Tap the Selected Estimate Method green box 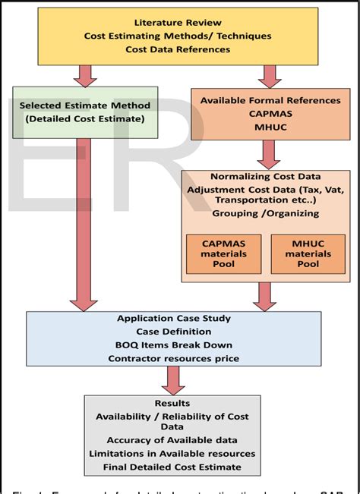pos(84,112)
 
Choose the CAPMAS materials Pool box pos(223,254)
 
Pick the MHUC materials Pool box pos(308,254)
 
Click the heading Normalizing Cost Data pos(265,176)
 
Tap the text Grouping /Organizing pos(265,215)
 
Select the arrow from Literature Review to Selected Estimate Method pos(85,75)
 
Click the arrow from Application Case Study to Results pos(173,378)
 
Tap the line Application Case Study pos(174,319)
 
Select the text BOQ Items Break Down pos(174,345)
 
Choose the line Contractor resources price pos(174,358)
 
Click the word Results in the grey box pos(172,403)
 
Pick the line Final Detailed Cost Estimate pos(172,467)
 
